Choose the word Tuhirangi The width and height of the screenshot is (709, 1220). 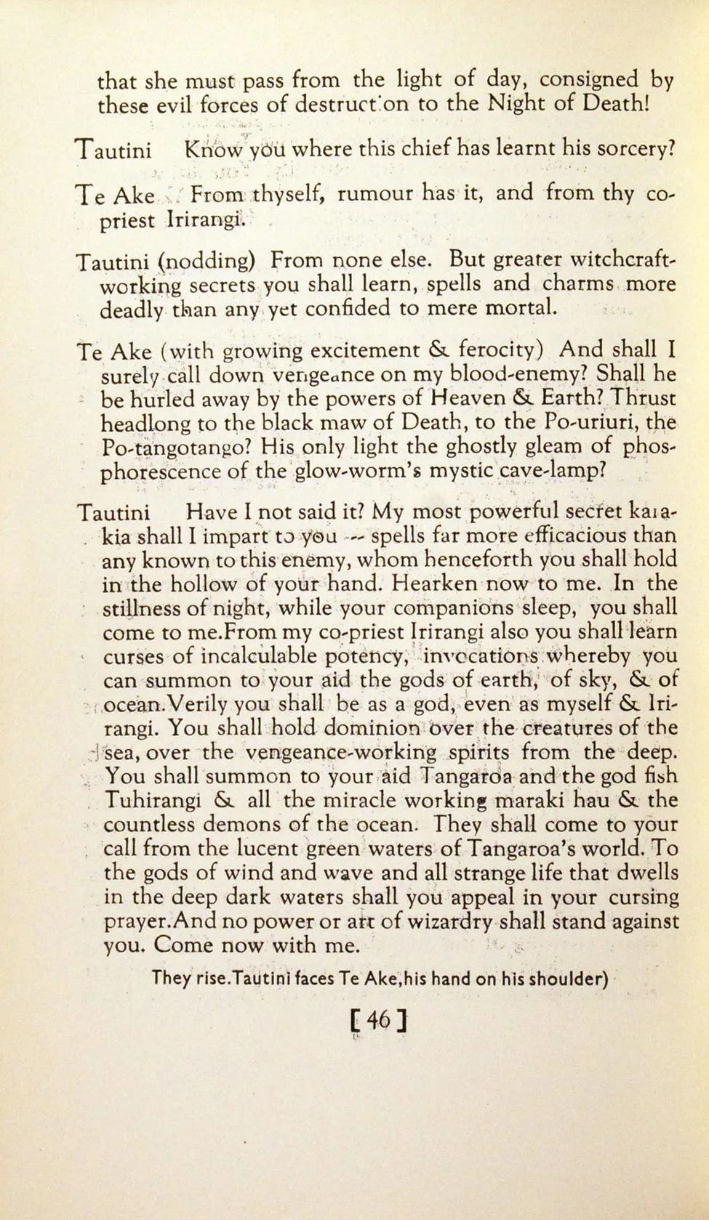153,801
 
